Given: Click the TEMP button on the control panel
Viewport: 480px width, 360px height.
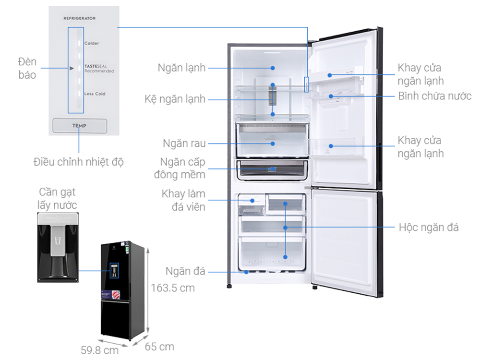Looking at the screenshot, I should (79, 126).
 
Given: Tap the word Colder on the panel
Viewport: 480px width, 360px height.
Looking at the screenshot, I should (92, 43).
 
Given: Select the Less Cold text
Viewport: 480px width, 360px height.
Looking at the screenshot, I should (95, 94).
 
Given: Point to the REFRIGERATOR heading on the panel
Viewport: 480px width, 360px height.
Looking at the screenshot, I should (80, 18).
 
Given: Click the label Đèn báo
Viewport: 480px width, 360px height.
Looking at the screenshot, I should (27, 68).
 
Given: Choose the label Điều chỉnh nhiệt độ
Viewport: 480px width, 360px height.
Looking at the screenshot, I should (79, 162).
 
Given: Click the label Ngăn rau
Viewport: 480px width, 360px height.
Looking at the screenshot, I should (184, 143).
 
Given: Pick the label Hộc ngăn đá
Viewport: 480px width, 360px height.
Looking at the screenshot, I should (429, 227).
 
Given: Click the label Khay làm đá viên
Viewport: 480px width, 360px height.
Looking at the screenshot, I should (183, 200).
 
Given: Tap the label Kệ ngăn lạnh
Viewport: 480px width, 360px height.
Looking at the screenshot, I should (175, 99).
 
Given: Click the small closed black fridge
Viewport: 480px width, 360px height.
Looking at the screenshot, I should (121, 291).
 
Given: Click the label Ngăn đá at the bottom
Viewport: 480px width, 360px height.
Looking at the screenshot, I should (185, 271).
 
